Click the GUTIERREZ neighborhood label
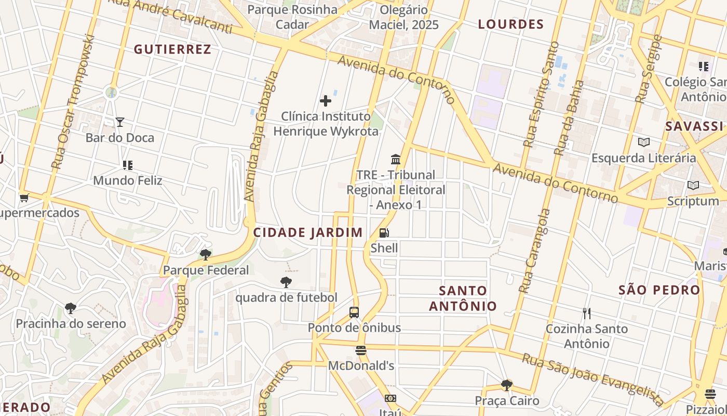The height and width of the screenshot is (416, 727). (172, 49)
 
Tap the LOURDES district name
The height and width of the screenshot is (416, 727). (510, 24)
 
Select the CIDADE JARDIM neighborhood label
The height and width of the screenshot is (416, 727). (308, 232)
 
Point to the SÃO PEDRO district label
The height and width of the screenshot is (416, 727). (659, 290)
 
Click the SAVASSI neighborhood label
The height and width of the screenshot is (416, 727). (694, 126)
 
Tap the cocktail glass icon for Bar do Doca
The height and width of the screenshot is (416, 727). (120, 122)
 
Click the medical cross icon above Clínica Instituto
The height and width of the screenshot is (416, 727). (326, 100)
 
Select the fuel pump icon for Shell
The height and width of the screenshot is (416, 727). (384, 233)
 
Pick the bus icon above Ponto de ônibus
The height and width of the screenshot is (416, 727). (354, 313)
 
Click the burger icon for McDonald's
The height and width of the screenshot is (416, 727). (361, 350)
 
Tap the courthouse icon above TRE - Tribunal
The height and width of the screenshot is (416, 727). (396, 159)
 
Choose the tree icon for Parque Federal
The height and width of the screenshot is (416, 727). (206, 255)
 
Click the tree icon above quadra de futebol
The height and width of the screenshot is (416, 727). (286, 282)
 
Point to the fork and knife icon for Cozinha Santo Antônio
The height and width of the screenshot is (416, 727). (587, 314)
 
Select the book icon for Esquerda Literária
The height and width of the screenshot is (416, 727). (643, 142)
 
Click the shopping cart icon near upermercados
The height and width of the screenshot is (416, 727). (24, 198)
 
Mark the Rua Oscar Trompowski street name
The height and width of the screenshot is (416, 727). (73, 101)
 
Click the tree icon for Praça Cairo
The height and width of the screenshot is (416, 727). (507, 385)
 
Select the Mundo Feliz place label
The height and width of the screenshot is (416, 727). (127, 181)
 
